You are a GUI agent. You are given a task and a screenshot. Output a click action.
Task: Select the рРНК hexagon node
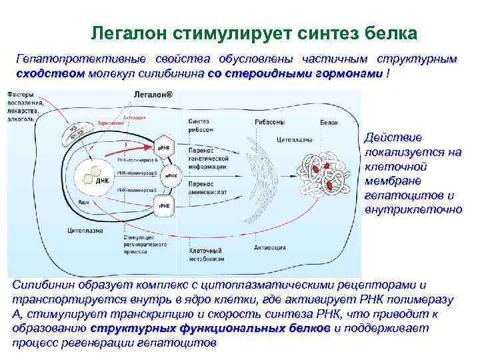(x=164, y=147)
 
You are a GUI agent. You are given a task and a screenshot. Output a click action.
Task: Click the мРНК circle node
(x=170, y=175)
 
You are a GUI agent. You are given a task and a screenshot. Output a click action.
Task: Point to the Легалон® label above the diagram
(x=152, y=96)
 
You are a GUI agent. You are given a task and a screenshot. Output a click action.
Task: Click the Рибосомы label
(x=267, y=123)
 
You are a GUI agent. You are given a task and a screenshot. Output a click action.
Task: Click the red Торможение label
(x=110, y=123)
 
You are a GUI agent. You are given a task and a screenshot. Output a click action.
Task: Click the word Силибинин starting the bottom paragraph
(x=40, y=285)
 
